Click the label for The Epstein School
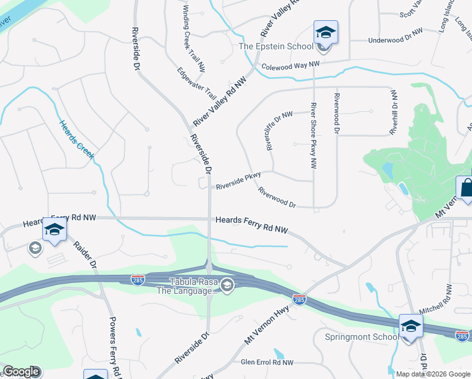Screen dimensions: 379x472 click(x=275, y=46)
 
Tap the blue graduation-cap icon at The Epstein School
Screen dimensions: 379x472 click(x=326, y=33)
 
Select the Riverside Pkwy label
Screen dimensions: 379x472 click(x=238, y=182)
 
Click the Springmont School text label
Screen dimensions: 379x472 click(x=362, y=337)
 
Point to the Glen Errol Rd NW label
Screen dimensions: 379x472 click(x=268, y=363)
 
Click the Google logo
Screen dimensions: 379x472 click(x=21, y=372)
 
